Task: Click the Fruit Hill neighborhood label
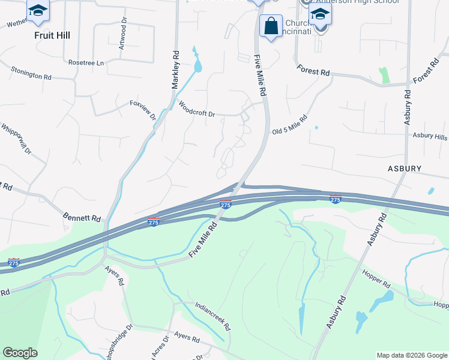52,35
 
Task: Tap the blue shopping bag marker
271,26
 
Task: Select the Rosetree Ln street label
86,62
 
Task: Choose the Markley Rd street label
176,69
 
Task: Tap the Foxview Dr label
143,110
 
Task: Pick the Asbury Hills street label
430,136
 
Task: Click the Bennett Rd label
82,216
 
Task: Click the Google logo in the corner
20,353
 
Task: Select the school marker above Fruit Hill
38,11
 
